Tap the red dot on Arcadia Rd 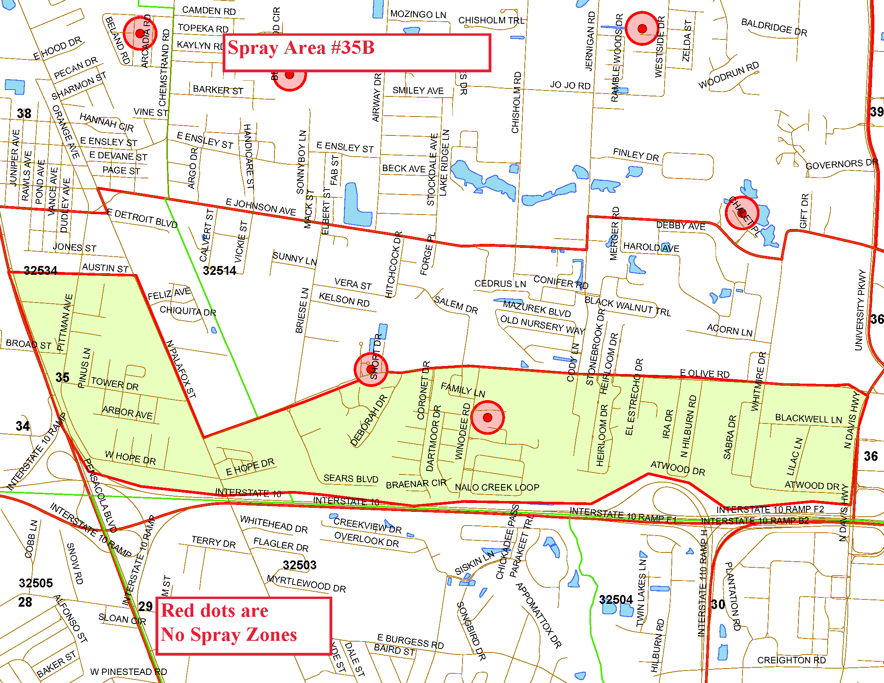pos(140,34)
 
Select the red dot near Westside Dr pos(642,28)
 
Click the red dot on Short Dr pos(370,369)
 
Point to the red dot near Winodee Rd pos(487,417)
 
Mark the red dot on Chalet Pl pos(741,213)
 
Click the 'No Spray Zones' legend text pos(229,634)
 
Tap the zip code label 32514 pos(219,270)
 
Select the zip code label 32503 pos(299,565)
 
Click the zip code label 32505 pos(36,583)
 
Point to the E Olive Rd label pos(704,374)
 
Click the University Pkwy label pos(860,309)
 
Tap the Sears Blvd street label pos(350,479)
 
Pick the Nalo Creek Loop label pos(497,487)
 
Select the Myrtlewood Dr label pos(307,584)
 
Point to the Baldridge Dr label pos(774,27)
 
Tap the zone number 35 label pos(62,377)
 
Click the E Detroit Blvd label pos(142,219)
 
